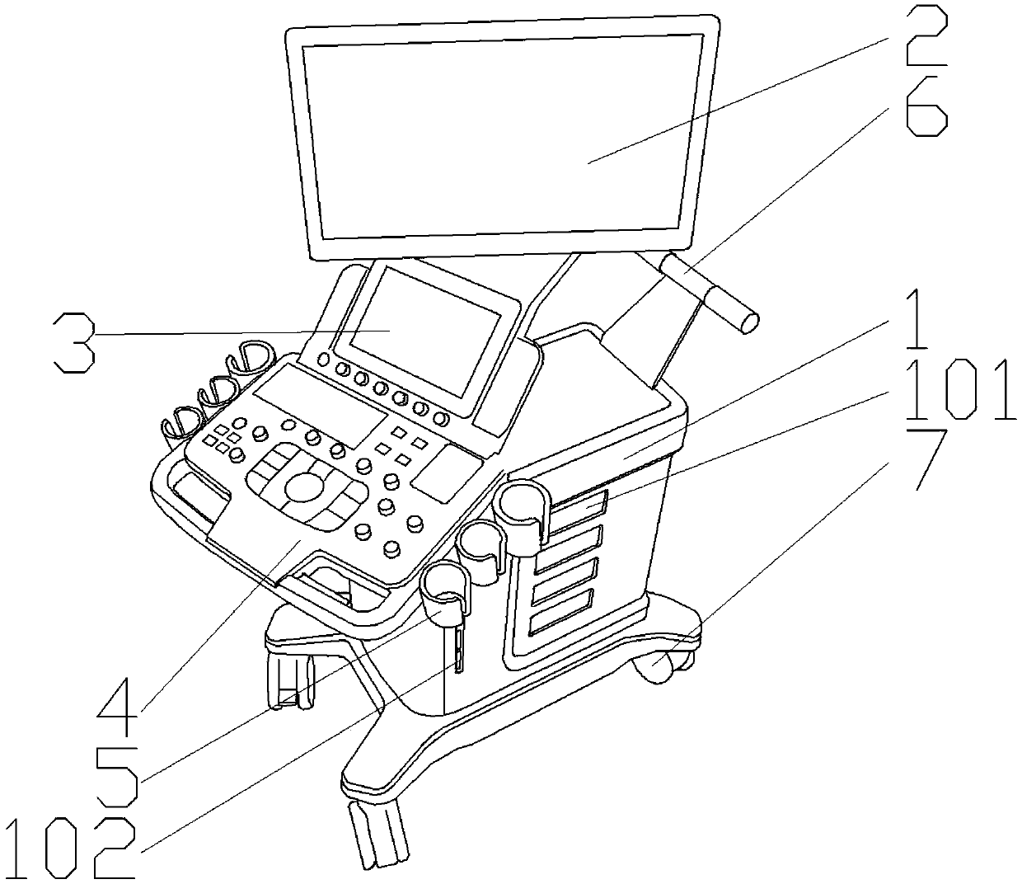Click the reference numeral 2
(x=926, y=37)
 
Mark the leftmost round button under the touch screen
(x=322, y=360)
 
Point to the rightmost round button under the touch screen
(x=443, y=418)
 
